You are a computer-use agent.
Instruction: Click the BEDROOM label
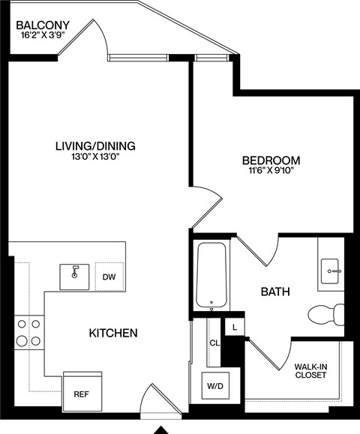pyautogui.click(x=271, y=160)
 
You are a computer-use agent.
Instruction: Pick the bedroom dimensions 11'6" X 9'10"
pyautogui.click(x=271, y=172)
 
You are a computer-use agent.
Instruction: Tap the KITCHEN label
pyautogui.click(x=112, y=332)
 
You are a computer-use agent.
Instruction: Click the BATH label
pyautogui.click(x=275, y=291)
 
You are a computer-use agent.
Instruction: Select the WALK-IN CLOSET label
pyautogui.click(x=310, y=370)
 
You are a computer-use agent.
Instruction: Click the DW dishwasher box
pyautogui.click(x=109, y=277)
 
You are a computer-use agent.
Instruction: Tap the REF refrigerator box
pyautogui.click(x=80, y=394)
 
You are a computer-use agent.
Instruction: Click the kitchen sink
pyautogui.click(x=75, y=275)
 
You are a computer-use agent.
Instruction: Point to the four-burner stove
pyautogui.click(x=28, y=332)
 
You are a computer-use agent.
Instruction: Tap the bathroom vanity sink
pyautogui.click(x=331, y=271)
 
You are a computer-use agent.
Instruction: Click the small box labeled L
pyautogui.click(x=235, y=328)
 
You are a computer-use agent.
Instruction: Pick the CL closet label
pyautogui.click(x=214, y=343)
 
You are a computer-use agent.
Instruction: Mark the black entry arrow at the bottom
pyautogui.click(x=161, y=430)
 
